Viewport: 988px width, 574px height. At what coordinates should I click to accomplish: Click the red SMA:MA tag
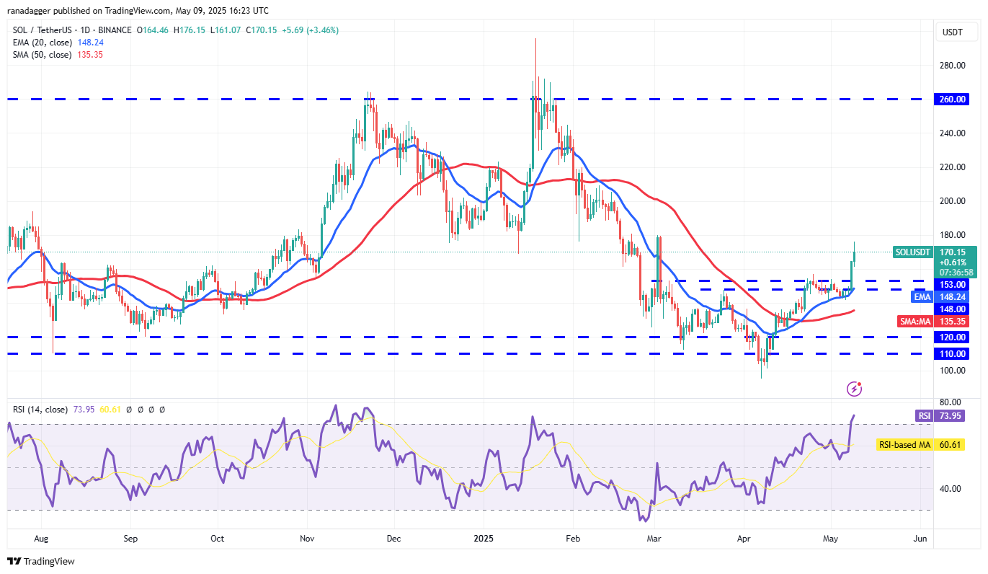coord(914,322)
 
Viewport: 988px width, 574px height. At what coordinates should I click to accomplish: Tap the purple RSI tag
coord(923,415)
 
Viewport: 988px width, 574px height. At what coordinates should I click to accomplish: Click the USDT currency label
coord(953,32)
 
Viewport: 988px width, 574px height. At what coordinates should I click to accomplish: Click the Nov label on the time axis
coord(307,538)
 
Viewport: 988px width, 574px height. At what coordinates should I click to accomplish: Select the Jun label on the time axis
coord(920,538)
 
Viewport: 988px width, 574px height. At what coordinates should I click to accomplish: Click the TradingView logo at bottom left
coord(41,561)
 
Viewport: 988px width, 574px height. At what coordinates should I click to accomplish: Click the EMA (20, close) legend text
coord(42,43)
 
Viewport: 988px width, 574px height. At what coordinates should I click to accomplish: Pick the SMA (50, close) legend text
coord(42,54)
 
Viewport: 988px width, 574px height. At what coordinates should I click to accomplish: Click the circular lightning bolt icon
coord(854,389)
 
